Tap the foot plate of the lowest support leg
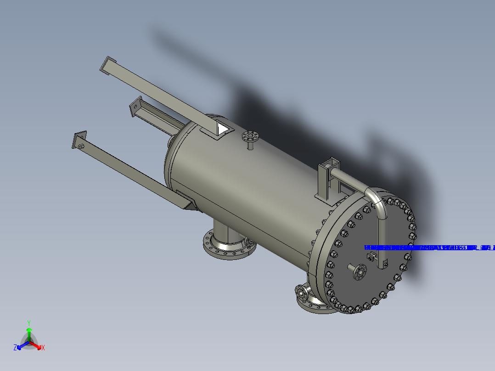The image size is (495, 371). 79,140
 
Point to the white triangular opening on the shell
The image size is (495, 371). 223,129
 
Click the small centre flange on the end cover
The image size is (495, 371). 360,272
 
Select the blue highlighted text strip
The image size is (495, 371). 429,248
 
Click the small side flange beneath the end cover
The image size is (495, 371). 301,292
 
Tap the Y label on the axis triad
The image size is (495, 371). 28,322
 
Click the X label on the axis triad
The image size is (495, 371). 43,348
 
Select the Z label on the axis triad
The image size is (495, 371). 15,348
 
